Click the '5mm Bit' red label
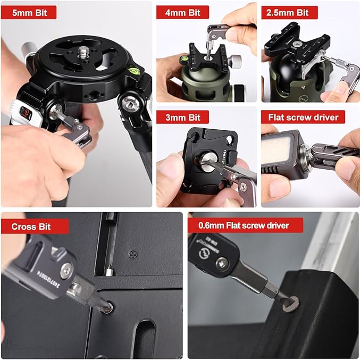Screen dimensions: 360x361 29,12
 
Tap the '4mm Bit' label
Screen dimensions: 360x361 182,12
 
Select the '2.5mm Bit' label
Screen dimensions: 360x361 289,12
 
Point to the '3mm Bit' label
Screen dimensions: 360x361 182,116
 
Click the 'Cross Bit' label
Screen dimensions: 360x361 35,226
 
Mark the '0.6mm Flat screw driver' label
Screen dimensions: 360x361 245,225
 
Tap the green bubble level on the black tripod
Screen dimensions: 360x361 135,69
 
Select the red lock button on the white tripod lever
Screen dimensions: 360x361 26,113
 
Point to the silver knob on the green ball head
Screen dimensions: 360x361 236,58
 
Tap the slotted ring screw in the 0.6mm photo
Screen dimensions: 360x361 290,303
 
